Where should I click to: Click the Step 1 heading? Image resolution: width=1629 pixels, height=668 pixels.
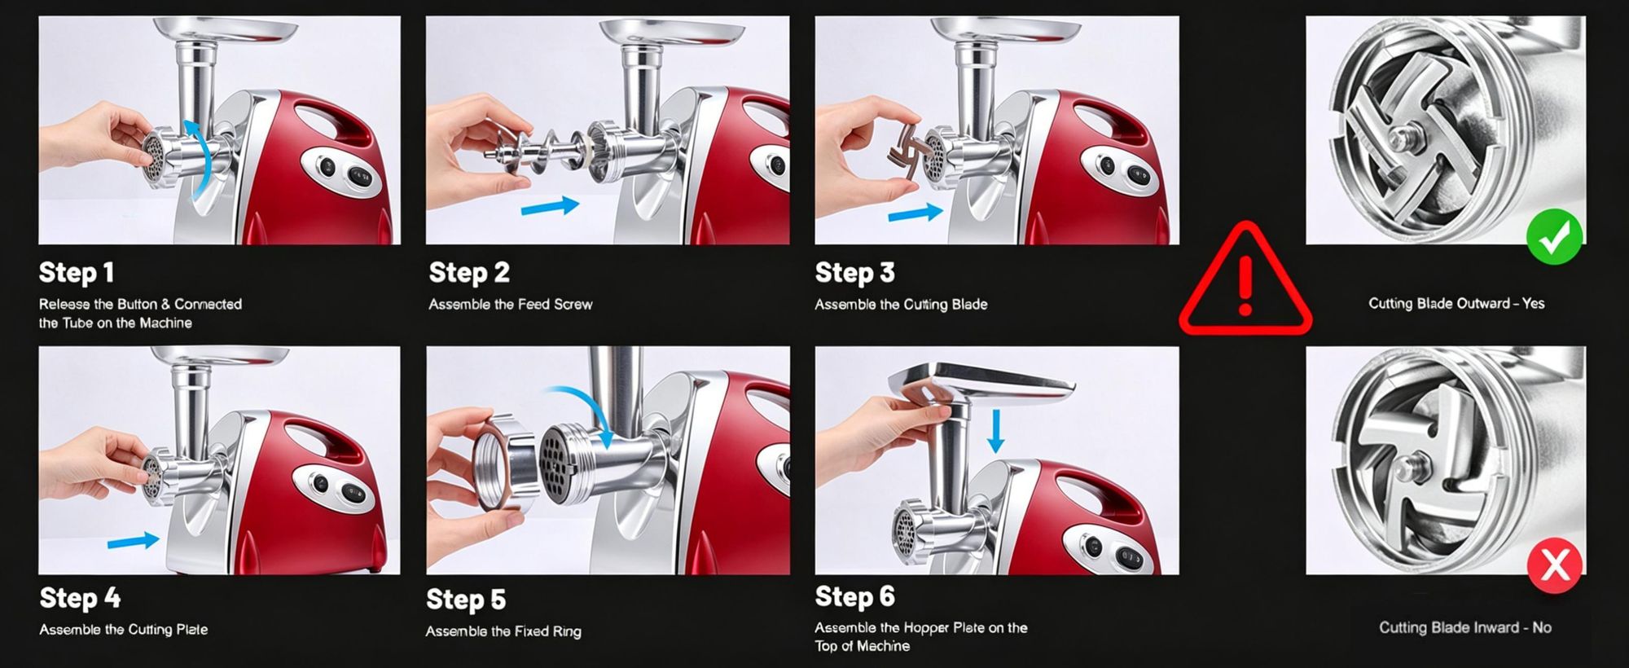tap(77, 272)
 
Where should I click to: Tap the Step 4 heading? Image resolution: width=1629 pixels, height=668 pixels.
tap(80, 598)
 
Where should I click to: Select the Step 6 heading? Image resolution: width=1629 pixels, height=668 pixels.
tap(854, 596)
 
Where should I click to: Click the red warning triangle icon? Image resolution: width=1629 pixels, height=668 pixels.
tap(1245, 279)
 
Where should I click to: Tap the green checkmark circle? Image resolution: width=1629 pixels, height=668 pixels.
tap(1554, 237)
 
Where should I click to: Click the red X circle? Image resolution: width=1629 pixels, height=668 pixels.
tap(1555, 565)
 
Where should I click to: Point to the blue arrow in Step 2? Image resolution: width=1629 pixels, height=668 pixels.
tap(550, 206)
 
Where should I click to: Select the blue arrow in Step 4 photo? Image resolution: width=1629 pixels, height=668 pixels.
tap(134, 540)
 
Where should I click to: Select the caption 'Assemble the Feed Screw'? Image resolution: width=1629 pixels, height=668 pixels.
tap(511, 304)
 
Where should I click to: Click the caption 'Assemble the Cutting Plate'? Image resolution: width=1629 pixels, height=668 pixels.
tap(123, 629)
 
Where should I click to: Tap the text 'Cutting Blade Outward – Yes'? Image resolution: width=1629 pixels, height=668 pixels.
tap(1456, 303)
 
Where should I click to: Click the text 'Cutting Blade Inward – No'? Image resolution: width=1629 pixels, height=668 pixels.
tap(1464, 627)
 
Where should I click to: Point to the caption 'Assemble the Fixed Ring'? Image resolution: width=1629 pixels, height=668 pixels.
tap(503, 631)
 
